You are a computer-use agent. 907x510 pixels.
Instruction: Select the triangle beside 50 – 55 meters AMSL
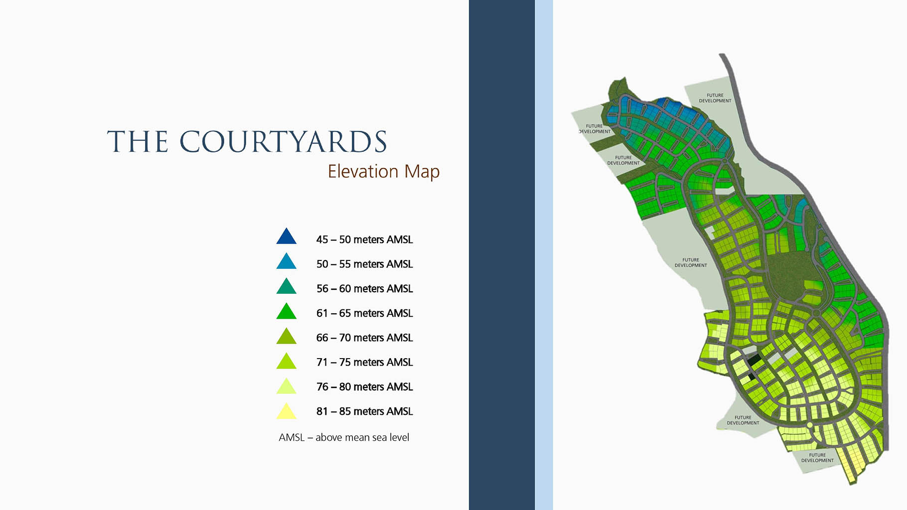pos(287,262)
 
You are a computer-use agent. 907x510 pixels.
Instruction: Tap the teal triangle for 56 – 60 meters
pos(287,287)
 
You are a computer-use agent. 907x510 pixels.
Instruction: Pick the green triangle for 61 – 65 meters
pos(287,312)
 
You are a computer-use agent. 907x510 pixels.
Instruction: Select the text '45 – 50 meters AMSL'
pos(364,240)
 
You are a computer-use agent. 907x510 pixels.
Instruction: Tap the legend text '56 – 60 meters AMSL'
pos(364,289)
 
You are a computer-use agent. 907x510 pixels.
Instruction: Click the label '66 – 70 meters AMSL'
pos(364,338)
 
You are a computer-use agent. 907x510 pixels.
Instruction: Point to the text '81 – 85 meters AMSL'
pos(364,411)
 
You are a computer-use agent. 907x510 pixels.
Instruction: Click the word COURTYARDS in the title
pos(283,141)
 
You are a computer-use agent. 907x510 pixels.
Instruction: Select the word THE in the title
pos(138,141)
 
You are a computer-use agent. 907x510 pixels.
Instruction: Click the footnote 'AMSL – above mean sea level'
pos(344,437)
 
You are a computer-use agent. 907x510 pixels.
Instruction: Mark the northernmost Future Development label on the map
pos(715,98)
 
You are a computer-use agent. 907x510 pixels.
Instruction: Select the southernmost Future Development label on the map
pos(817,458)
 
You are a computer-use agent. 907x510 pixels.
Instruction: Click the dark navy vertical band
pos(502,255)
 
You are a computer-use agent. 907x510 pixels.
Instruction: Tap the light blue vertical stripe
pos(544,255)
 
